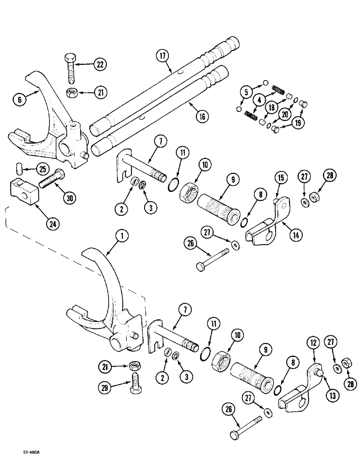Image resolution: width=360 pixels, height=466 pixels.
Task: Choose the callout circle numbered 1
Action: point(122,237)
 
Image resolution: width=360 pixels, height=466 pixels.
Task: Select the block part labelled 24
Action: point(22,192)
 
